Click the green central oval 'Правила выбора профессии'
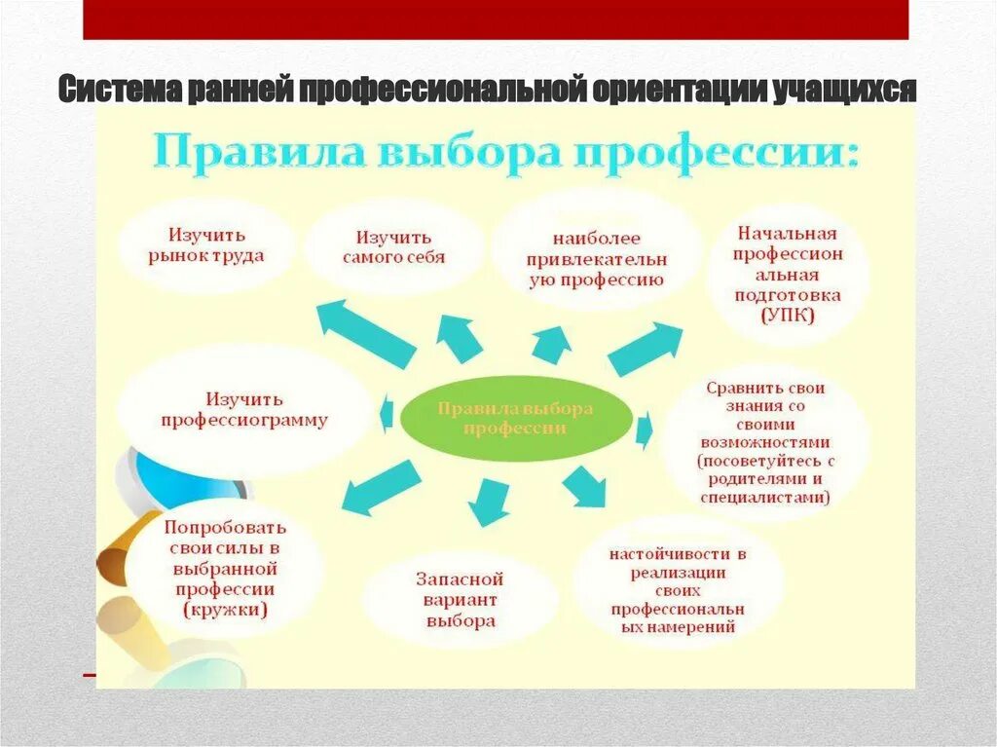[x=515, y=419]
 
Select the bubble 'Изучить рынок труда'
[x=206, y=245]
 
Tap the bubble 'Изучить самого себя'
[x=393, y=247]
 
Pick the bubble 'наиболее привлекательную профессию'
[x=596, y=259]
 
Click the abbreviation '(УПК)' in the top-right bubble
[x=788, y=317]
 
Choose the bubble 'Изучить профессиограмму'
[x=243, y=410]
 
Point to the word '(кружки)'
[x=225, y=611]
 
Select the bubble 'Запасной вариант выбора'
[x=461, y=599]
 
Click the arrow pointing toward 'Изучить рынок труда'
[x=366, y=333]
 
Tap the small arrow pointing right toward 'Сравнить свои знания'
[x=644, y=429]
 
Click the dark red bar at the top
[x=495, y=19]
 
